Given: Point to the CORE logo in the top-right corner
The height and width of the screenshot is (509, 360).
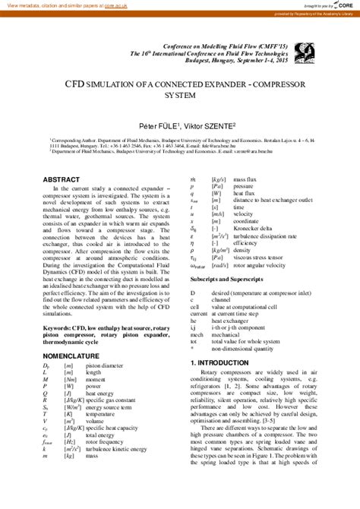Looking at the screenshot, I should (342, 5).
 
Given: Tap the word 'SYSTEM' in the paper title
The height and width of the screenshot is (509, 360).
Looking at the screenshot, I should (180, 97).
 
